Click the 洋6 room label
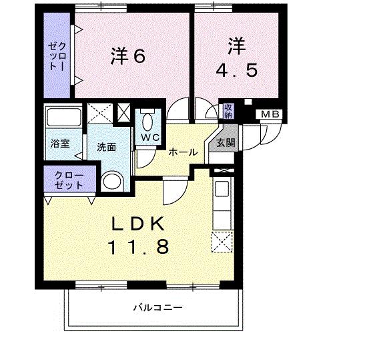pyautogui.click(x=127, y=56)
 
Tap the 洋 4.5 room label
pyautogui.click(x=236, y=59)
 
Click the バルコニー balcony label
pyautogui.click(x=157, y=308)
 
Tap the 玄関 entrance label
pyautogui.click(x=226, y=142)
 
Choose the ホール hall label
pyautogui.click(x=182, y=152)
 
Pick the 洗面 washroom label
pyautogui.click(x=106, y=148)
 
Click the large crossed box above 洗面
pyautogui.click(x=101, y=113)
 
